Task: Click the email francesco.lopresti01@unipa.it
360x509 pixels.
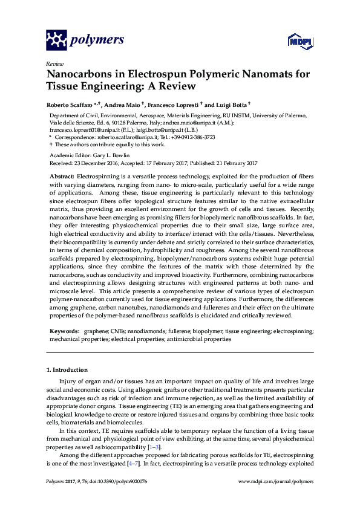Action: click(85, 129)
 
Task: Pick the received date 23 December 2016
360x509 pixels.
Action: click(104, 163)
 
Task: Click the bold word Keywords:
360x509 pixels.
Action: click(64, 332)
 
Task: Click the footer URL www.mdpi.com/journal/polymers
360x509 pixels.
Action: click(277, 481)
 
